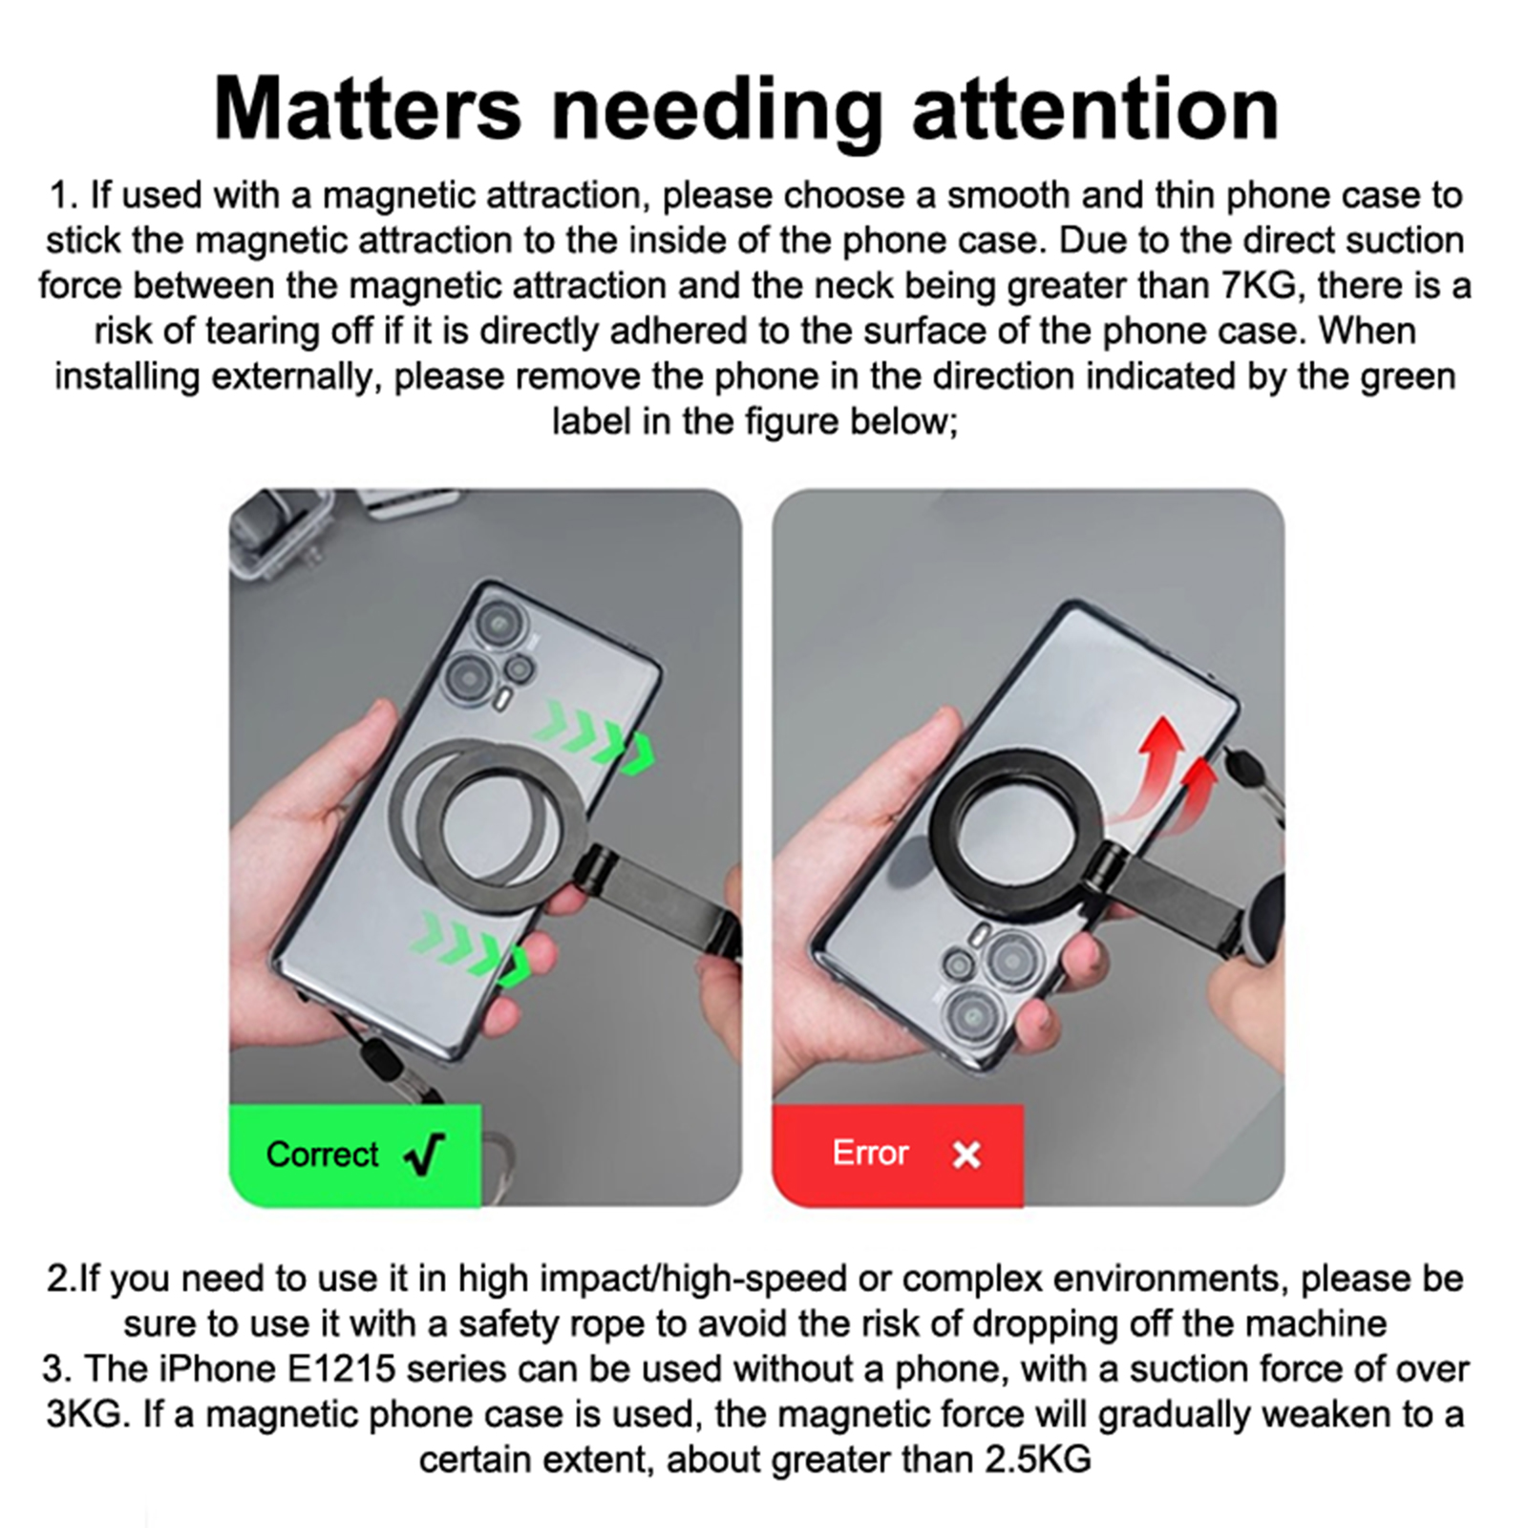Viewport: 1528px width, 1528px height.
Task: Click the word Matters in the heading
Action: tap(368, 109)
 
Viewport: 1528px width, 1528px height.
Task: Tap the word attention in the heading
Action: tap(1095, 109)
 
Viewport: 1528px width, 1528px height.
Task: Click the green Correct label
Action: tap(354, 1155)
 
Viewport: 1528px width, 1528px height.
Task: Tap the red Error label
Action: tap(897, 1155)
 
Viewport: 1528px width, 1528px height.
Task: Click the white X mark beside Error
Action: tap(966, 1156)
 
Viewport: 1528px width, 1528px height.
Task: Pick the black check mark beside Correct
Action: tap(425, 1155)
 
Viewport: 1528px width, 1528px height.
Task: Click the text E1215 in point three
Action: tap(341, 1369)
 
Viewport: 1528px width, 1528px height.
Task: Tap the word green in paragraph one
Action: tap(1408, 376)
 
